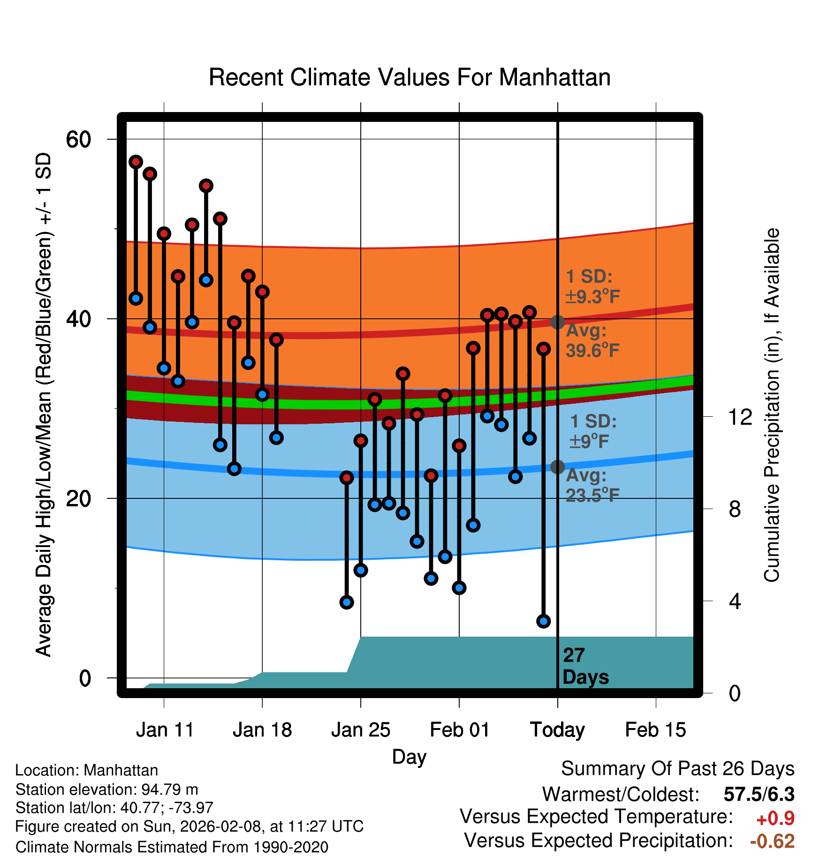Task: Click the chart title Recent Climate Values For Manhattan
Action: tap(410, 77)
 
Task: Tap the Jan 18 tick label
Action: tap(262, 730)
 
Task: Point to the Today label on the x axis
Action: tap(557, 730)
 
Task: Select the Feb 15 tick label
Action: tap(655, 730)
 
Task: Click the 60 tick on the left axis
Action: tap(78, 139)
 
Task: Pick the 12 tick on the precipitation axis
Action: tap(740, 417)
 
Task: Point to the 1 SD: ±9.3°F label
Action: tap(592, 286)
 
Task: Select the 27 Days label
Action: tap(585, 666)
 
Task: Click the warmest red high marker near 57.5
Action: tap(136, 162)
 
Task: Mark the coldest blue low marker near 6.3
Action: tap(543, 621)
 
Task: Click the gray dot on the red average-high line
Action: tap(557, 322)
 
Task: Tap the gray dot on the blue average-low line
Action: tap(557, 467)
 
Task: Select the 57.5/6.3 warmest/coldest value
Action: tap(759, 795)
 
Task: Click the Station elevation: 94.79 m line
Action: tap(106, 789)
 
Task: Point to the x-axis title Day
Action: tap(409, 757)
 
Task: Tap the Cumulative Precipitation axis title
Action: tap(772, 406)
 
